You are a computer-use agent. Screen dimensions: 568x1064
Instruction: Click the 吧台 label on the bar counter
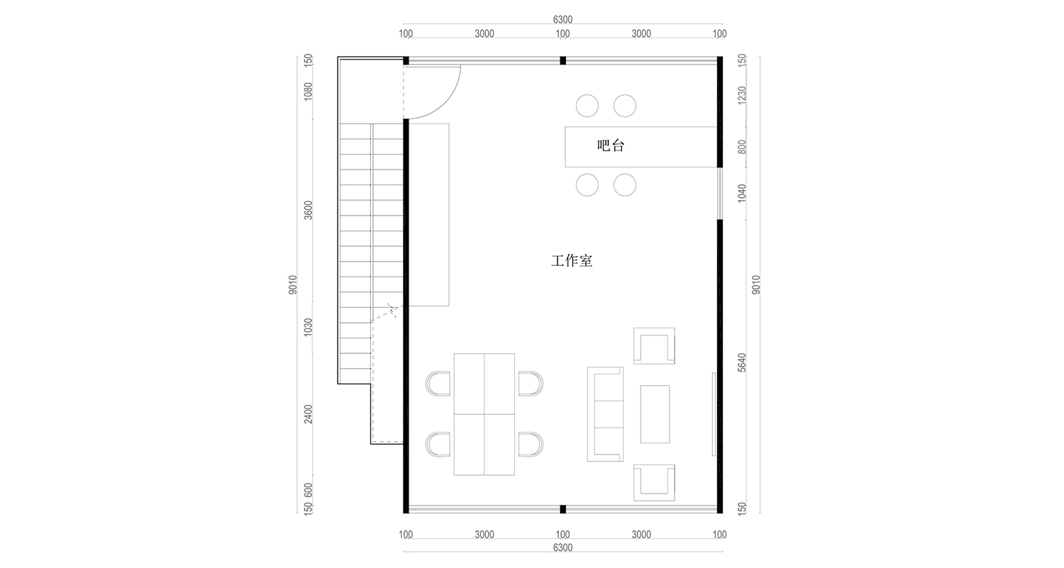pyautogui.click(x=611, y=147)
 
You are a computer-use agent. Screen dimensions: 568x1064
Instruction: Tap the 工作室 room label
pyautogui.click(x=572, y=261)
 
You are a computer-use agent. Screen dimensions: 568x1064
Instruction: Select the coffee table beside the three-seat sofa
pyautogui.click(x=655, y=414)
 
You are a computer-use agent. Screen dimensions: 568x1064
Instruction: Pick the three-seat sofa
pyautogui.click(x=605, y=414)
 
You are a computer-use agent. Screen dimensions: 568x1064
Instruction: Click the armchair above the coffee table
pyautogui.click(x=654, y=346)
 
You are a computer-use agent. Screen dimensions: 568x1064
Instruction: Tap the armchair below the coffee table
pyautogui.click(x=654, y=482)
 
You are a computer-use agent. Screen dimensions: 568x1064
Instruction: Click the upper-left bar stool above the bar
pyautogui.click(x=587, y=106)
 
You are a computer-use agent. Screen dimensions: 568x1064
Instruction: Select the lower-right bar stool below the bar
pyautogui.click(x=625, y=185)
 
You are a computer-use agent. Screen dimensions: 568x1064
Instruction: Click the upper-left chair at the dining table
pyautogui.click(x=438, y=384)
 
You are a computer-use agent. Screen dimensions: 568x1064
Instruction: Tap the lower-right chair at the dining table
pyautogui.click(x=531, y=445)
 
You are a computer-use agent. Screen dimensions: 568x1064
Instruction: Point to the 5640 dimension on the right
pyautogui.click(x=742, y=362)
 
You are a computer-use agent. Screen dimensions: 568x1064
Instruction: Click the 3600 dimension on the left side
pyautogui.click(x=308, y=211)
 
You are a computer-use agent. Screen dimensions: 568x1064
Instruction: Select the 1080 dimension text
pyautogui.click(x=308, y=91)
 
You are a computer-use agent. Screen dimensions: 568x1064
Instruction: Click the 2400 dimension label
pyautogui.click(x=308, y=414)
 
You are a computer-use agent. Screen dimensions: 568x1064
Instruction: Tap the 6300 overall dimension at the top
pyautogui.click(x=562, y=20)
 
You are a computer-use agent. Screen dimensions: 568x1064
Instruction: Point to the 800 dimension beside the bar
pyautogui.click(x=742, y=147)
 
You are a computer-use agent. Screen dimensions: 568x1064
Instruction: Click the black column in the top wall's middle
pyautogui.click(x=563, y=60)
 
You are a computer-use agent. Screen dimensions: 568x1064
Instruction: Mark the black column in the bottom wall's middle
pyautogui.click(x=563, y=509)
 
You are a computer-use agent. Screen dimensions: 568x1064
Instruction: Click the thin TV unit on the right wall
pyautogui.click(x=714, y=414)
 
